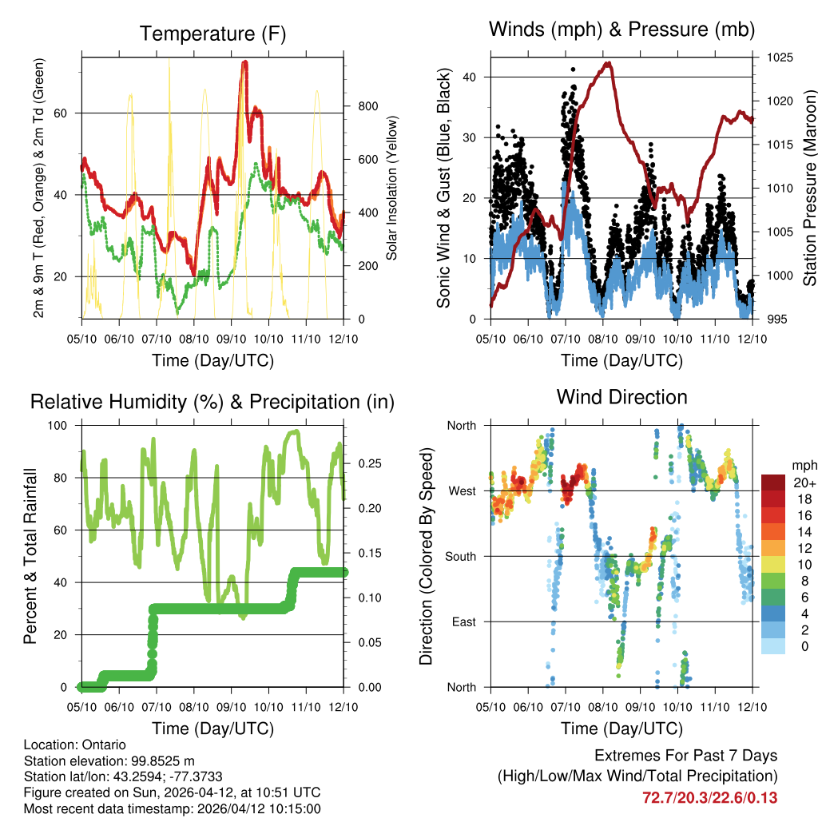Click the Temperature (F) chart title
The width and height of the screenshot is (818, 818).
click(x=212, y=34)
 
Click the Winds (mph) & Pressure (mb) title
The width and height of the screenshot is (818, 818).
click(x=621, y=30)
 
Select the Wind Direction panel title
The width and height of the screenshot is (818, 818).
click(x=621, y=397)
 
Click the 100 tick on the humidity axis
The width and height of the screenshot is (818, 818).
click(x=63, y=425)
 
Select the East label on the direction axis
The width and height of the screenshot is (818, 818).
click(x=462, y=621)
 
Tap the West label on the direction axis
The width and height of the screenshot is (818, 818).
click(x=461, y=490)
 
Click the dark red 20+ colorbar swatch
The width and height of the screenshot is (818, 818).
click(x=772, y=482)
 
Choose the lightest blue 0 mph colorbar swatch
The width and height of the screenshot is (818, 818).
click(x=772, y=646)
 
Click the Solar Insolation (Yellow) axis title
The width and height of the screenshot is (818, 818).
click(x=392, y=189)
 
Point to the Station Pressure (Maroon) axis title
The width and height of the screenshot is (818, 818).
click(x=808, y=189)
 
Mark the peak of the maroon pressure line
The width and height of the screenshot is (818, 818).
click(x=609, y=62)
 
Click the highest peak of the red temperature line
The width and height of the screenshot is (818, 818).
click(x=244, y=62)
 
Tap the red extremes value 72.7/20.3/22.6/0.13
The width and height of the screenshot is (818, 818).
click(x=709, y=798)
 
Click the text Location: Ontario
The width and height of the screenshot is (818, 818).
click(x=74, y=745)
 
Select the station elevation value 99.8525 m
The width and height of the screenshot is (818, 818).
click(x=160, y=760)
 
